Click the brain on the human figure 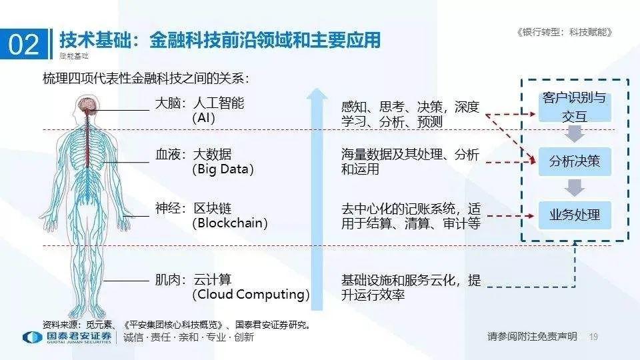(x=87, y=103)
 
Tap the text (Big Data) (x=223, y=169)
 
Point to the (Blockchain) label (x=229, y=223)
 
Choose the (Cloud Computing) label (x=251, y=294)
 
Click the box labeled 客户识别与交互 (x=574, y=107)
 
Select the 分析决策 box (x=574, y=161)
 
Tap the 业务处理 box (x=574, y=215)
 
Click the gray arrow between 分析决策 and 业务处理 (x=574, y=188)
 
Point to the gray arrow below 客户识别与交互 (x=574, y=134)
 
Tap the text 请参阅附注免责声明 (x=532, y=337)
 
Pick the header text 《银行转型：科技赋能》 (x=564, y=32)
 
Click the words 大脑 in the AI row (x=167, y=104)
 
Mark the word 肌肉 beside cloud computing (x=167, y=280)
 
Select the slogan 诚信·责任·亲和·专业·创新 (x=189, y=337)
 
